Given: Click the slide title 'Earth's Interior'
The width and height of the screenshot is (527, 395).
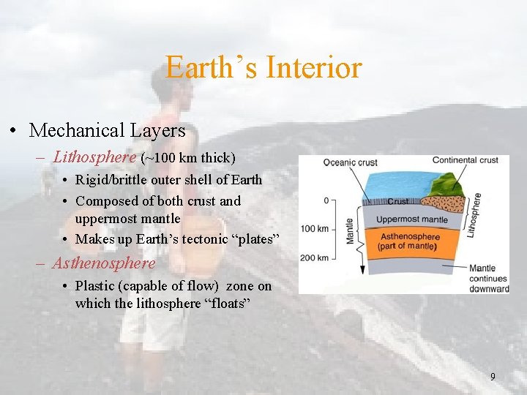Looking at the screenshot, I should pos(263,67).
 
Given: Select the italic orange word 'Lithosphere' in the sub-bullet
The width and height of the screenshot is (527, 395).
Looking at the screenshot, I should pos(94,157).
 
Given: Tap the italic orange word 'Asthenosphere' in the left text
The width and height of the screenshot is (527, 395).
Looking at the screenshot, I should pos(103,263).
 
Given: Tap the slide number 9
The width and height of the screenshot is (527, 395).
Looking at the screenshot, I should pos(493,377).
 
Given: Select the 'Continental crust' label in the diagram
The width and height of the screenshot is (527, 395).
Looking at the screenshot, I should pos(465,160).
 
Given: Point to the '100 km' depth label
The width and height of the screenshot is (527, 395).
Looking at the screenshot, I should pos(314,228).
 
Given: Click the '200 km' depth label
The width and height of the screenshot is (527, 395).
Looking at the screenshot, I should pos(314,257).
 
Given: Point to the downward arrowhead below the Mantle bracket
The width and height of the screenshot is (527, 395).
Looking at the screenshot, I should pos(362,270).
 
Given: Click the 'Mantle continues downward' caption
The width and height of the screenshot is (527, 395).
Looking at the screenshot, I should pos(489,279).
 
